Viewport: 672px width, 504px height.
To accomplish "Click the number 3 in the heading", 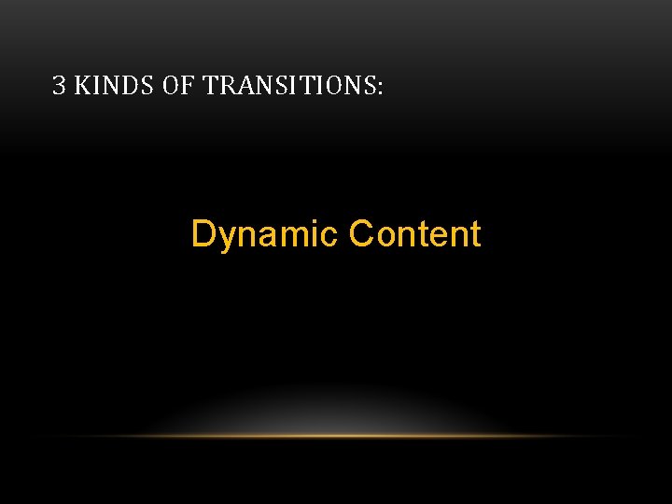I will tap(59, 87).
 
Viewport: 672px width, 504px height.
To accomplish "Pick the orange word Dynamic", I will tap(264, 234).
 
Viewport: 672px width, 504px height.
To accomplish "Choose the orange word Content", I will tap(414, 233).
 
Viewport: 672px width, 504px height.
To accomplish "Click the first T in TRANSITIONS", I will tap(210, 87).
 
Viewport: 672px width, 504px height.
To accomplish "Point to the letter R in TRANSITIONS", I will tap(226, 87).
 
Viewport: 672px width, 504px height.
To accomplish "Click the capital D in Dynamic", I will tap(203, 233).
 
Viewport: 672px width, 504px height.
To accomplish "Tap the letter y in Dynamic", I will tap(225, 237).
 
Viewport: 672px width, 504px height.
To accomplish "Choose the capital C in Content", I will tap(360, 233).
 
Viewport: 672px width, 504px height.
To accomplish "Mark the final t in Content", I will tap(475, 234).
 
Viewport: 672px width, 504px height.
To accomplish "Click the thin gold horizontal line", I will tap(336, 436).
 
